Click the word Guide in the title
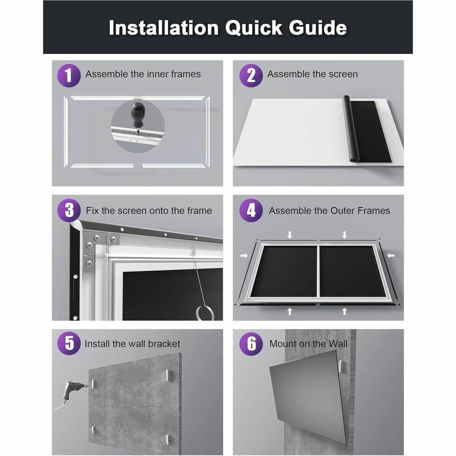coord(318,28)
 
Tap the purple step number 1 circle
coord(69,75)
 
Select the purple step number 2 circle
coord(251,75)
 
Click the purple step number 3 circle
coord(69,210)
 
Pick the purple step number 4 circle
coord(251,210)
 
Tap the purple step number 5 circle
coord(69,344)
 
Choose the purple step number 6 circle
coord(251,344)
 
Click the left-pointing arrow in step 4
coord(390,256)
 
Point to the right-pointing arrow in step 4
coord(244,256)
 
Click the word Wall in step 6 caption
coord(338,344)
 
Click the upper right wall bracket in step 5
coord(168,375)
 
